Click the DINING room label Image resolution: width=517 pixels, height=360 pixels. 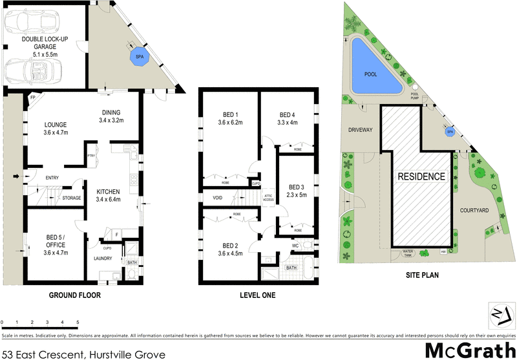click(111, 114)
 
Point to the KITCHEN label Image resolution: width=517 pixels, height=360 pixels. click(109, 192)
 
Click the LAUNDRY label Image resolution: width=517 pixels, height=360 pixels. click(103, 259)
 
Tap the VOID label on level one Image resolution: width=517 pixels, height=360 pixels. click(216, 198)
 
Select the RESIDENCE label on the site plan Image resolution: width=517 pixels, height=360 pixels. click(421, 176)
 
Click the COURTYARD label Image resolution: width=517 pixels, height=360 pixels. click(474, 210)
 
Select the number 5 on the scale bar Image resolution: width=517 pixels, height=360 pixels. click(78, 321)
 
